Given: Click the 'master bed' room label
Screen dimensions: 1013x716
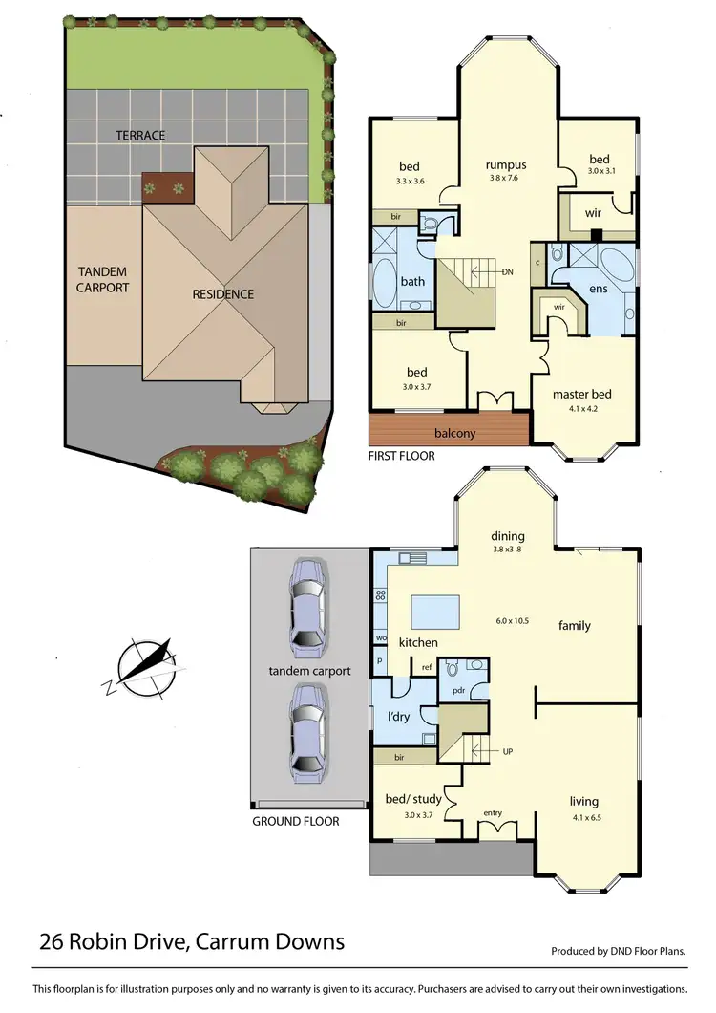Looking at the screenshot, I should pyautogui.click(x=581, y=394).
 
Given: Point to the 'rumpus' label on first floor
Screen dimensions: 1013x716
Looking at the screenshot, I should pyautogui.click(x=506, y=165).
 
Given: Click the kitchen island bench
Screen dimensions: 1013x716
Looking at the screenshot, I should pyautogui.click(x=433, y=609).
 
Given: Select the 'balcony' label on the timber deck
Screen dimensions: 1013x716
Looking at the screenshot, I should pyautogui.click(x=454, y=433).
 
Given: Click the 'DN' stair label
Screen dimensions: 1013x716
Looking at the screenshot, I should pyautogui.click(x=509, y=272).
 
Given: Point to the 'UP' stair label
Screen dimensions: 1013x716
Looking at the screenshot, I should pyautogui.click(x=509, y=752).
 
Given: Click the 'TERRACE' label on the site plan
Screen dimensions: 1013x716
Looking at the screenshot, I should pyautogui.click(x=140, y=136).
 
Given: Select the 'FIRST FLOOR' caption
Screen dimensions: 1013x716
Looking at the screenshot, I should pyautogui.click(x=401, y=456).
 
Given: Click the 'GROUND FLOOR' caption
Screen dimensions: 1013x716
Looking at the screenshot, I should pyautogui.click(x=295, y=821).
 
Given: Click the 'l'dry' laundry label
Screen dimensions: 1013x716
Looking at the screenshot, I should pyautogui.click(x=398, y=716).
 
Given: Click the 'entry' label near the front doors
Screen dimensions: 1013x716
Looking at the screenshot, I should pyautogui.click(x=493, y=812).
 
